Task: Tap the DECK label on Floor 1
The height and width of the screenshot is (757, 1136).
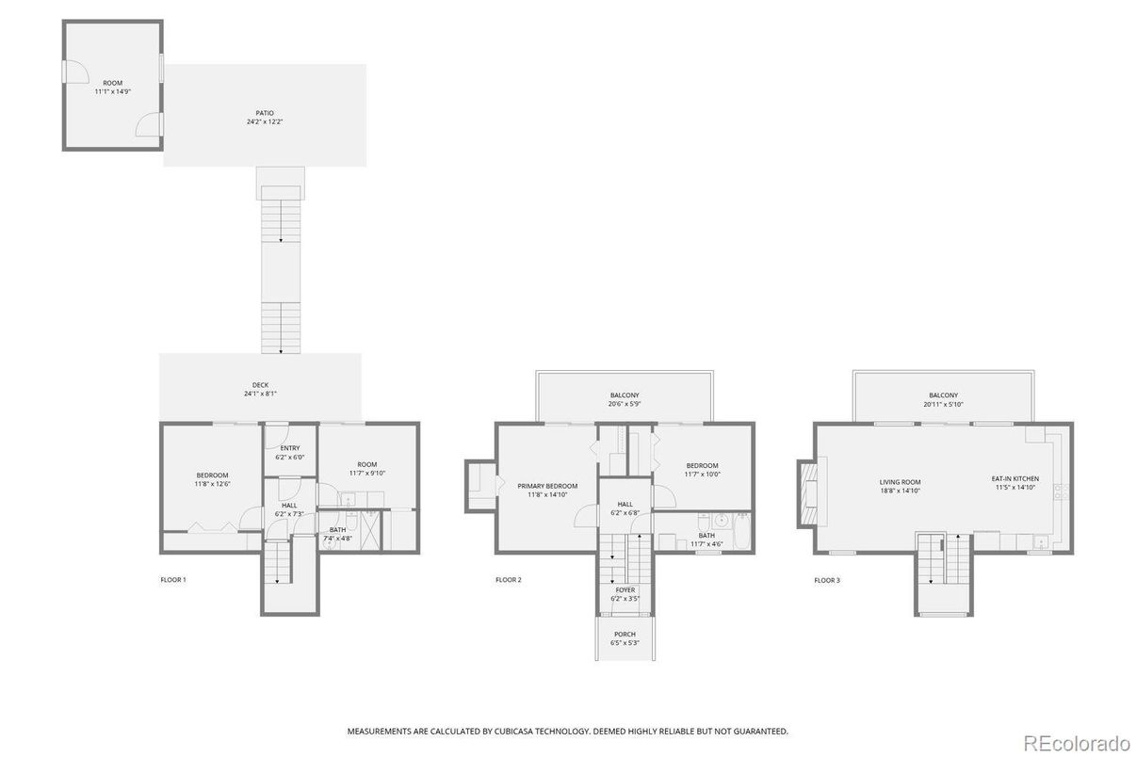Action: pyautogui.click(x=260, y=385)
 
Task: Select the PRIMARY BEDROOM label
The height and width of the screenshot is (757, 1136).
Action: pyautogui.click(x=547, y=486)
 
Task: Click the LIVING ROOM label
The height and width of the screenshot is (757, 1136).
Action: pyautogui.click(x=900, y=481)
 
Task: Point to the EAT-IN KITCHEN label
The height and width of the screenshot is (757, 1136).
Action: pyautogui.click(x=1014, y=479)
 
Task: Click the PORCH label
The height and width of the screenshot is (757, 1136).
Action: pyautogui.click(x=625, y=634)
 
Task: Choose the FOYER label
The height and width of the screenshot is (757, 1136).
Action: pyautogui.click(x=625, y=590)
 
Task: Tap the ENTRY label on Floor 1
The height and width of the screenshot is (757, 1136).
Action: pyautogui.click(x=289, y=448)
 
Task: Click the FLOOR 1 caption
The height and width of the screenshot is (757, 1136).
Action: pyautogui.click(x=173, y=580)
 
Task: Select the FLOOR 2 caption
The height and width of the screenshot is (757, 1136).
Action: pyautogui.click(x=509, y=580)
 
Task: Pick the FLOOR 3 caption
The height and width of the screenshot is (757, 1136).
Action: pyautogui.click(x=827, y=580)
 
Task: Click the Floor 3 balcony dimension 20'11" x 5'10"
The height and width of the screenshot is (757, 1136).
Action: pyautogui.click(x=943, y=404)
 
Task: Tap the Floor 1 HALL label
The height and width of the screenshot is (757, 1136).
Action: pyautogui.click(x=289, y=506)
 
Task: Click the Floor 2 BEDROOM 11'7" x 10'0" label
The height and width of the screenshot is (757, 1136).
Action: pyautogui.click(x=702, y=466)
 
